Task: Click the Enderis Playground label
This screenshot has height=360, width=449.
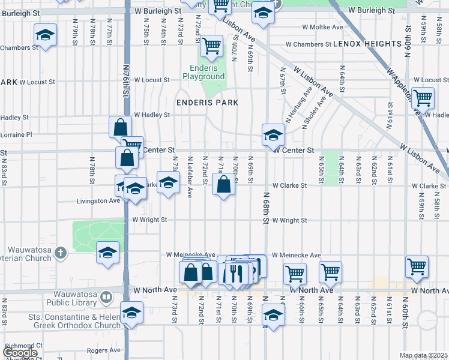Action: tap(203, 73)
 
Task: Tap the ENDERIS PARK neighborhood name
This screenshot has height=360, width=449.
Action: tap(207, 103)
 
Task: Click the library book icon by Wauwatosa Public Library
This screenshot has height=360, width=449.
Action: tap(106, 297)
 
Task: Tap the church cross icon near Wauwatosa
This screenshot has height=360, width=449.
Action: tap(60, 253)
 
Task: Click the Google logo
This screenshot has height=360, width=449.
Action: tap(20, 353)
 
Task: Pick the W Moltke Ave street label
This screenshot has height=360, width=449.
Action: tap(322, 27)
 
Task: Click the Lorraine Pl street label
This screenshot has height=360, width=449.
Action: tap(16, 135)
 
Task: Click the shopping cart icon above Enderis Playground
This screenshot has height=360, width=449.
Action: tap(211, 45)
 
